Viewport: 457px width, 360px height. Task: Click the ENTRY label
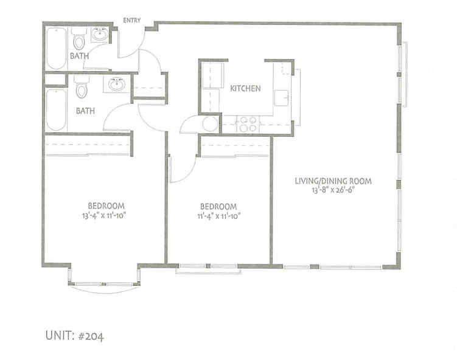[x=132, y=20]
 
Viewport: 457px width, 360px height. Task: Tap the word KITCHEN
[x=245, y=88]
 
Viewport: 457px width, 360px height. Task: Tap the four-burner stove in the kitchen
[x=247, y=124]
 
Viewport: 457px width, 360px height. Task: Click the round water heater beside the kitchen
[x=211, y=125]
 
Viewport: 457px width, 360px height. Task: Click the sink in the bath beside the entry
[x=100, y=36]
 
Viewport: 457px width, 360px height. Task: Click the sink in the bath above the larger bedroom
[x=117, y=86]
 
